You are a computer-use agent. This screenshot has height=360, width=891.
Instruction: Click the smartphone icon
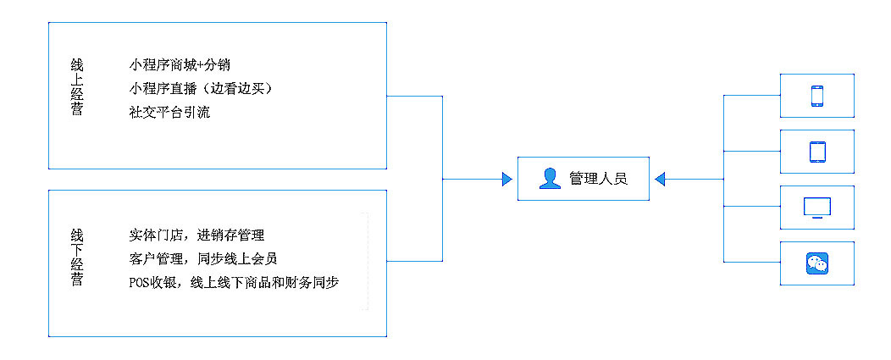(x=817, y=96)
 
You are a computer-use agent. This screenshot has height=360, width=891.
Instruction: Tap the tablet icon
(x=817, y=152)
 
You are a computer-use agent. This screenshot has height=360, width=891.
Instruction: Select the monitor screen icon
(x=817, y=208)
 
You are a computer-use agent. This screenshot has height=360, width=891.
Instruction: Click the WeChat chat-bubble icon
(x=817, y=263)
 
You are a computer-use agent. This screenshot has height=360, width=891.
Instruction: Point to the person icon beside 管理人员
(x=550, y=179)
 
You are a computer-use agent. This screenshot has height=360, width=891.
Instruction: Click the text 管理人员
(x=598, y=179)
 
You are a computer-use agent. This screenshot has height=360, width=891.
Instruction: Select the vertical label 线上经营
(x=77, y=86)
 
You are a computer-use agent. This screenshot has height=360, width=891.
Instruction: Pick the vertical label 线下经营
(x=77, y=257)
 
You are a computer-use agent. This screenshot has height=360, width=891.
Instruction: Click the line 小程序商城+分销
(x=180, y=65)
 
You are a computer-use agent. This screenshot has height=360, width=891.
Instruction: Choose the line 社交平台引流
(x=169, y=112)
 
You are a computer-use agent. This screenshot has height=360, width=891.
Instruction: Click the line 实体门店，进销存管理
(x=196, y=235)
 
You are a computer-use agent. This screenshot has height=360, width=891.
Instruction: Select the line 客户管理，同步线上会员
(x=203, y=258)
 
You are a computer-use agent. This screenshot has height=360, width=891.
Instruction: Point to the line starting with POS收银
(x=234, y=282)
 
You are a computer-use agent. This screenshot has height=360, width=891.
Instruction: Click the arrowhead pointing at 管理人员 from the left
(x=507, y=179)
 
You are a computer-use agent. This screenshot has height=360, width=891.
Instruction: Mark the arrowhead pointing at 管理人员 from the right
(x=660, y=179)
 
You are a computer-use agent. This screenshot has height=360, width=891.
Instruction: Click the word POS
(x=139, y=282)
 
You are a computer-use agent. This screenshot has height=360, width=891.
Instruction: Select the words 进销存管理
(x=231, y=235)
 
